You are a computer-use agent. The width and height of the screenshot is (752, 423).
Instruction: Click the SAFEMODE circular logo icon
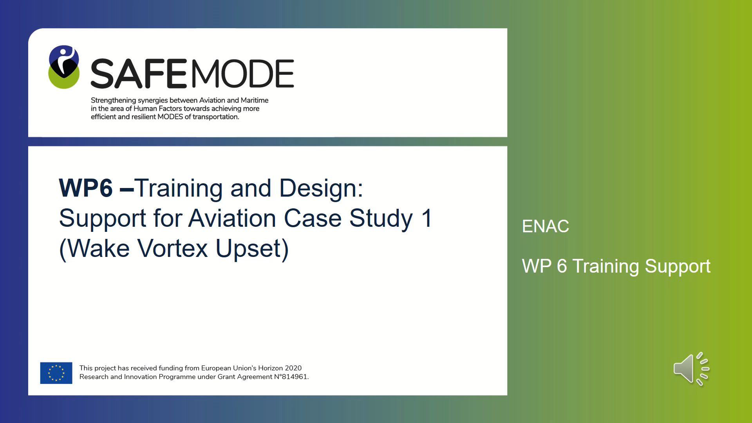64,67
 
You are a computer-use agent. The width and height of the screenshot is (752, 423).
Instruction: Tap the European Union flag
56,373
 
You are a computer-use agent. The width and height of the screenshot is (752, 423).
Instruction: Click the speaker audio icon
692,369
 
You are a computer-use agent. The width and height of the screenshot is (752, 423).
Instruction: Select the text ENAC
545,226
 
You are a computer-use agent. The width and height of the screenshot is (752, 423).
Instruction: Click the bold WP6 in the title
86,188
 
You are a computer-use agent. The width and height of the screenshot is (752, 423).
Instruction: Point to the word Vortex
172,248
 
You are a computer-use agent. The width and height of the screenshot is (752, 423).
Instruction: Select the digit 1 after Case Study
427,218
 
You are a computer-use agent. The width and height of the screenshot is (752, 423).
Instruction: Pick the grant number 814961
295,377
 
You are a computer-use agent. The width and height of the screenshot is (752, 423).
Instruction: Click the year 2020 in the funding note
293,368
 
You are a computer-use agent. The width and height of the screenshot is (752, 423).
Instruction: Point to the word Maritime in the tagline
255,100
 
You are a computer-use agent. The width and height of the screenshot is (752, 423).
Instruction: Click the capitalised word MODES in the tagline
170,117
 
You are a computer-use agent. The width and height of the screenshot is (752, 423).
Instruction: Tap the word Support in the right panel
678,267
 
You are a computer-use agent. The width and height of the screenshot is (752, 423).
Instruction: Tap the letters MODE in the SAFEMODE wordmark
242,74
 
